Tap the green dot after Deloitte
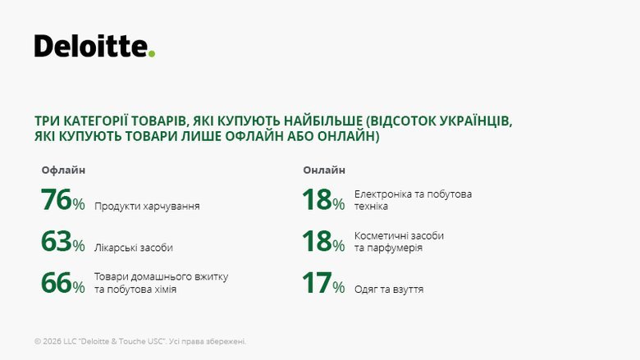point(152,54)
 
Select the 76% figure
point(62,201)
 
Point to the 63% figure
point(62,242)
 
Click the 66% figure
point(62,283)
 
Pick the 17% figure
point(323,284)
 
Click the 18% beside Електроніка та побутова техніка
point(323,201)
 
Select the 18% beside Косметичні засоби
point(323,242)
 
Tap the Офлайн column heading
point(63,170)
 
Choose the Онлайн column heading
point(324,170)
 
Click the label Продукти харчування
point(147,207)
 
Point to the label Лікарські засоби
point(134,248)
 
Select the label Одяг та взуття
point(389,289)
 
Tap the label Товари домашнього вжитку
point(162,276)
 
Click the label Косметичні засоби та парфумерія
point(399,241)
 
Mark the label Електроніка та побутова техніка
point(413,200)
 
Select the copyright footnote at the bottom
point(140,341)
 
